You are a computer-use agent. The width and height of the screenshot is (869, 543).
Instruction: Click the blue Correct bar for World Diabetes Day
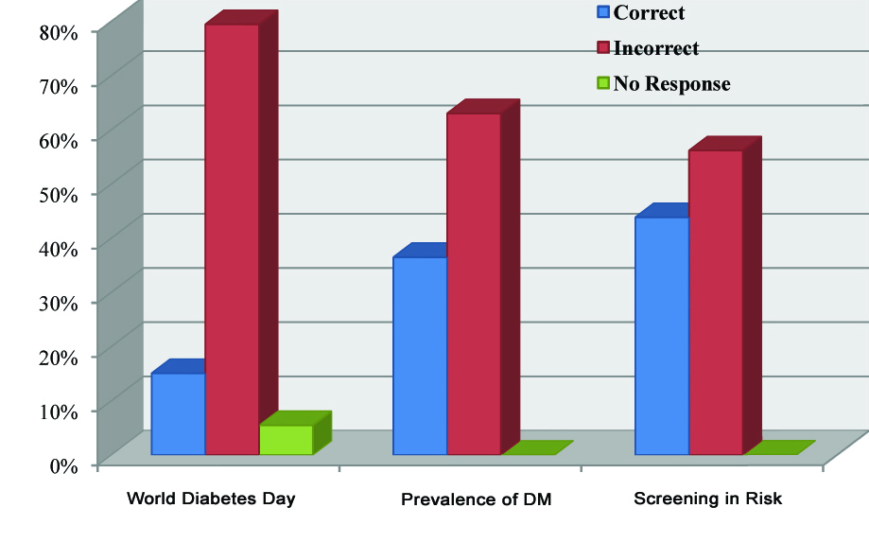click(x=178, y=413)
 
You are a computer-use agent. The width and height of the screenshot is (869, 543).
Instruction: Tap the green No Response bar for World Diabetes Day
click(x=286, y=440)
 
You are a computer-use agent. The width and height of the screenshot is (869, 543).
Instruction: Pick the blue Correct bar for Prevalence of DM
click(x=420, y=355)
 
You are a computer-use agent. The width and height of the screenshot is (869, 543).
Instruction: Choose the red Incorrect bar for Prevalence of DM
click(x=474, y=284)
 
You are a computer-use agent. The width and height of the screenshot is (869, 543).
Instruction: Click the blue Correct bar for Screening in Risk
click(x=662, y=335)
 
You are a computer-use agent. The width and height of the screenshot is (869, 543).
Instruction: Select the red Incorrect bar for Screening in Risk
click(x=716, y=302)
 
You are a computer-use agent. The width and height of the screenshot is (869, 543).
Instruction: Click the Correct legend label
click(x=649, y=13)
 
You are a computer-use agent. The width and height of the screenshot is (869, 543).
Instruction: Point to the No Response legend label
click(x=671, y=84)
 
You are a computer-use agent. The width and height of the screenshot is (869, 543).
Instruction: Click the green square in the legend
click(x=602, y=84)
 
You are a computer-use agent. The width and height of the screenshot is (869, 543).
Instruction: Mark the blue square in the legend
click(x=602, y=13)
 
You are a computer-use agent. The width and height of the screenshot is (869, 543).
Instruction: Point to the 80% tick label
click(x=58, y=31)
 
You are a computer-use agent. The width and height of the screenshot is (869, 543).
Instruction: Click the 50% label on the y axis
click(x=58, y=194)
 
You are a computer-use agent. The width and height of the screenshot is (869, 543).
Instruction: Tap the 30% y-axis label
click(x=58, y=303)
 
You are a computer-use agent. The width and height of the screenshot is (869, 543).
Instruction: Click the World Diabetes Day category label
click(x=211, y=499)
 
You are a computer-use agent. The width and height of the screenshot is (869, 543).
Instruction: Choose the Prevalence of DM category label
click(x=476, y=499)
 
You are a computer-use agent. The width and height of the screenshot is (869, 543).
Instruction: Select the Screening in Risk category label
click(x=708, y=499)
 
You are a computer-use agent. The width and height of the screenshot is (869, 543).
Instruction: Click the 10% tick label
click(x=58, y=411)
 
